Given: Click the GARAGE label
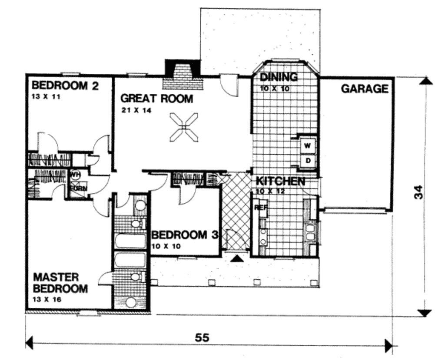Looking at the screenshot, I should point(364,89).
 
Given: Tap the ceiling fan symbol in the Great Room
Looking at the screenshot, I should point(184,127).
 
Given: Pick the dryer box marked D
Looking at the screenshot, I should point(308,161).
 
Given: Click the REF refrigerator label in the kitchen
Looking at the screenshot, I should point(260,208).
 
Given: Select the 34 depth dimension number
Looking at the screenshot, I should point(418,192).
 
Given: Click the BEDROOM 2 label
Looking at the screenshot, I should point(65,85).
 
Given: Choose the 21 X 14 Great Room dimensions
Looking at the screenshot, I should point(136,110).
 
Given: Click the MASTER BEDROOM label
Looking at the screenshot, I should point(60,283).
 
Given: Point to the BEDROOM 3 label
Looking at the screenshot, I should point(184,235).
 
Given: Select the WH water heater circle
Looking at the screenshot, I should point(75,175).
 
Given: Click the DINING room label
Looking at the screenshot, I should point(279,77).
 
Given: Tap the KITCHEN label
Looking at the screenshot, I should point(280,181).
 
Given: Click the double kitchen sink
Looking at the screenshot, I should point(312,232).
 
